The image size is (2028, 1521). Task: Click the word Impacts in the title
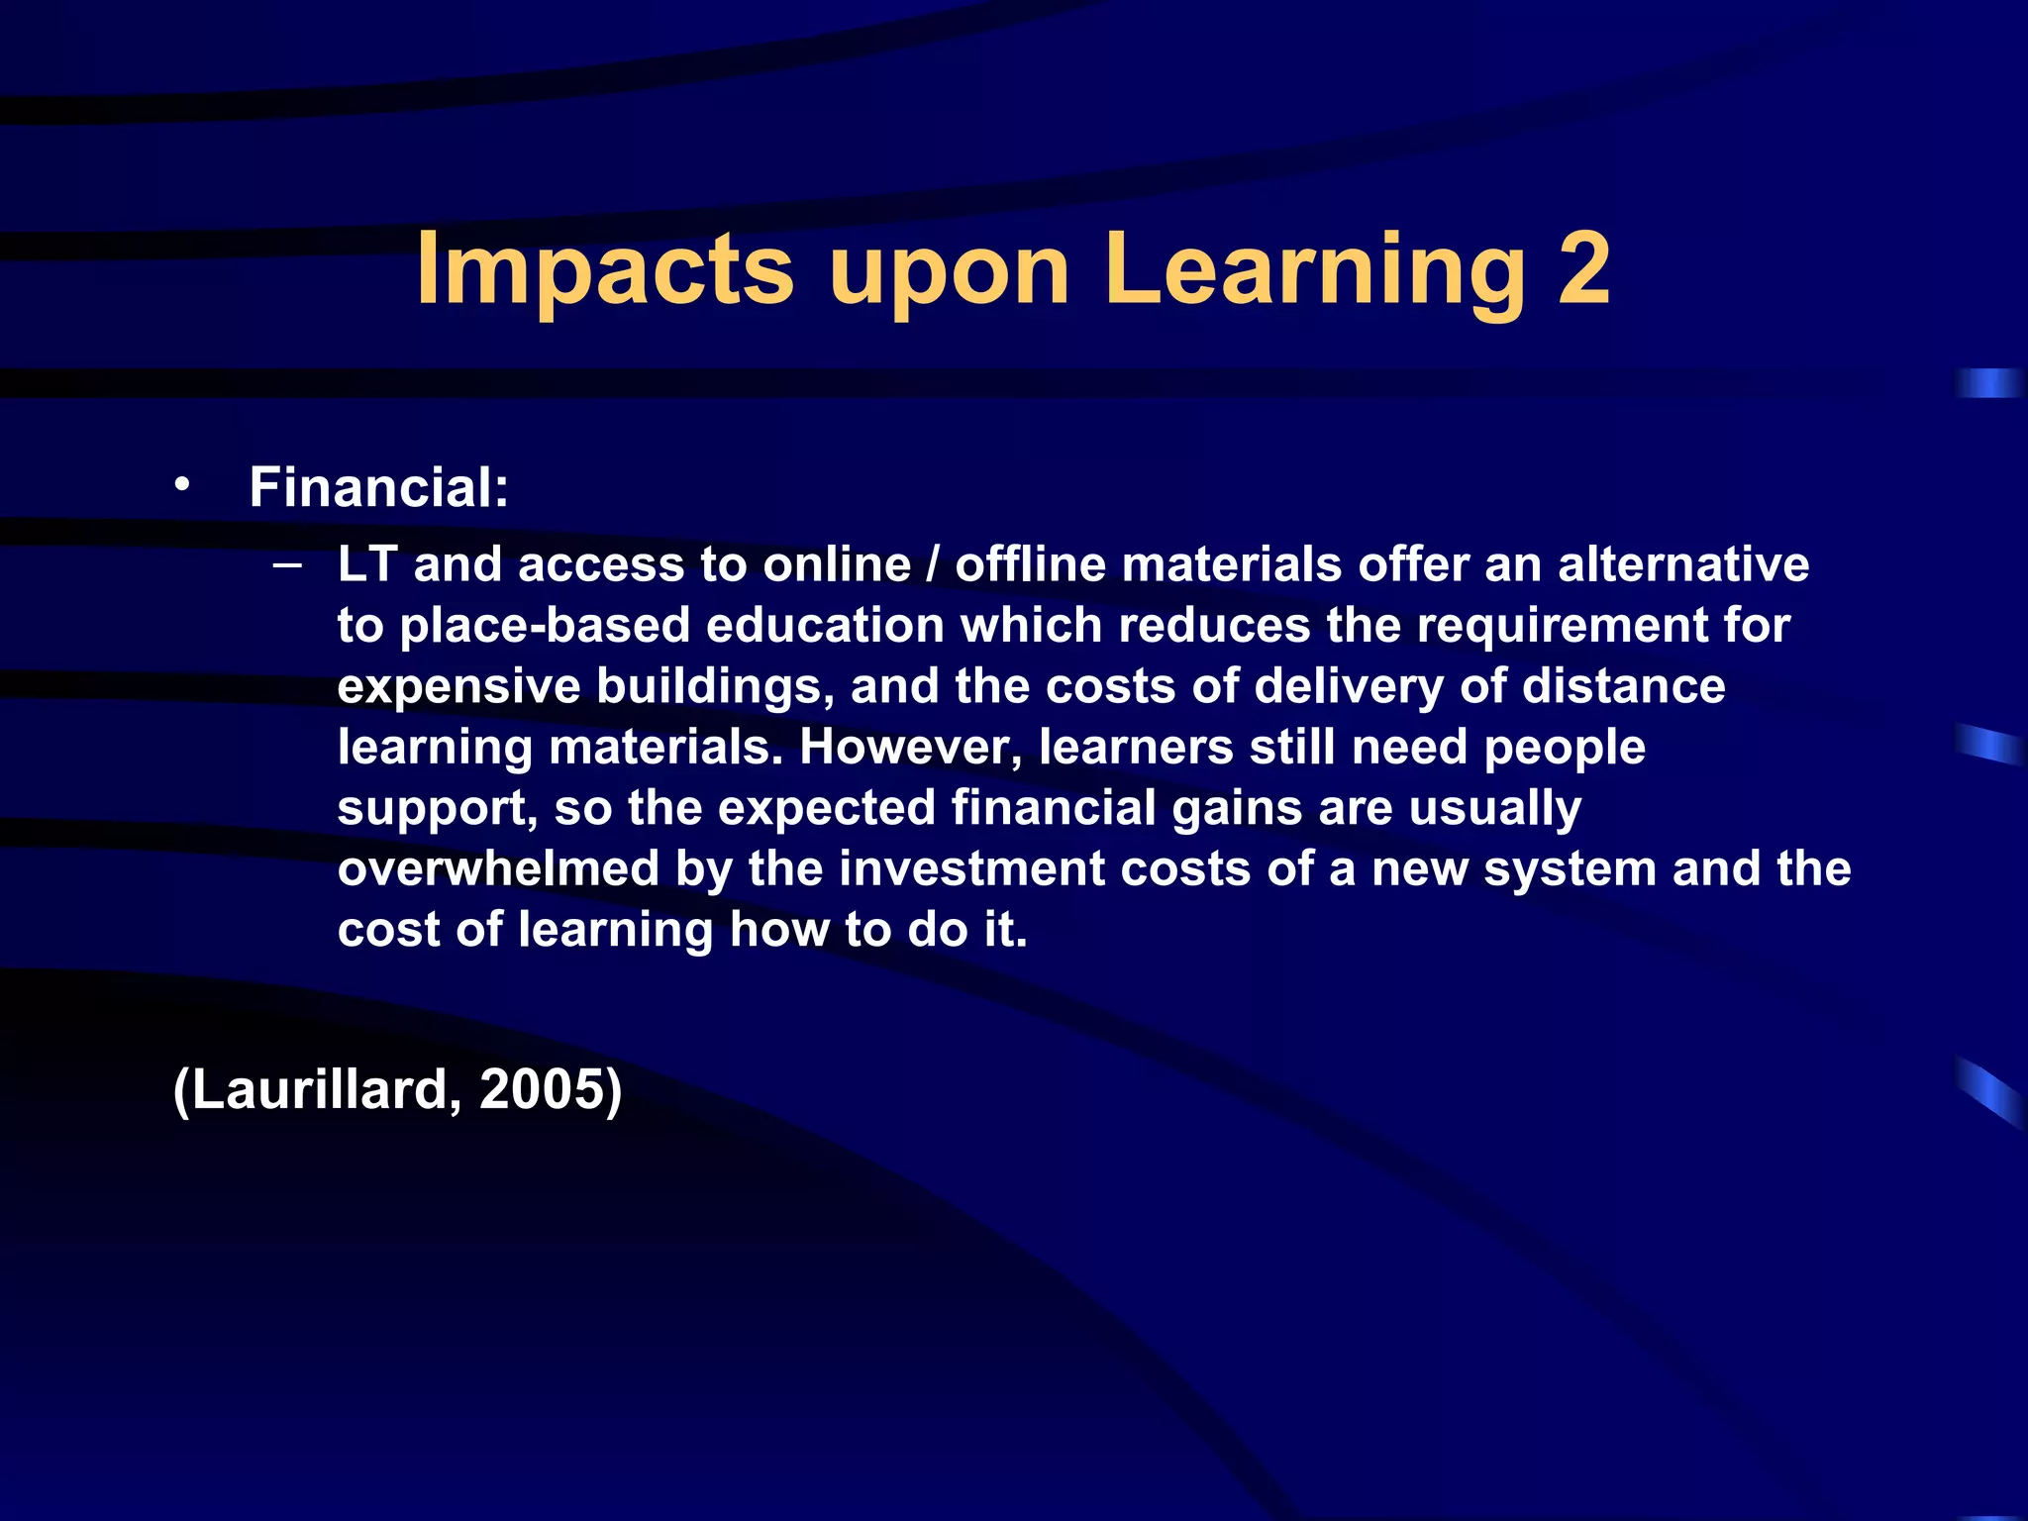pos(605,269)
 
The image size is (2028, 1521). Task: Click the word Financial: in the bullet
pos(379,487)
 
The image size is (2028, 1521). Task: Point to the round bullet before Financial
pos(180,484)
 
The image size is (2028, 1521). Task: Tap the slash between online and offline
pos(932,564)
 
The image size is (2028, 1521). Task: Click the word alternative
pos(1683,564)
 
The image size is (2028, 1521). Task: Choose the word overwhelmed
pos(498,869)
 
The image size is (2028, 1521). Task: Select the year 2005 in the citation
pos(542,1089)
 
